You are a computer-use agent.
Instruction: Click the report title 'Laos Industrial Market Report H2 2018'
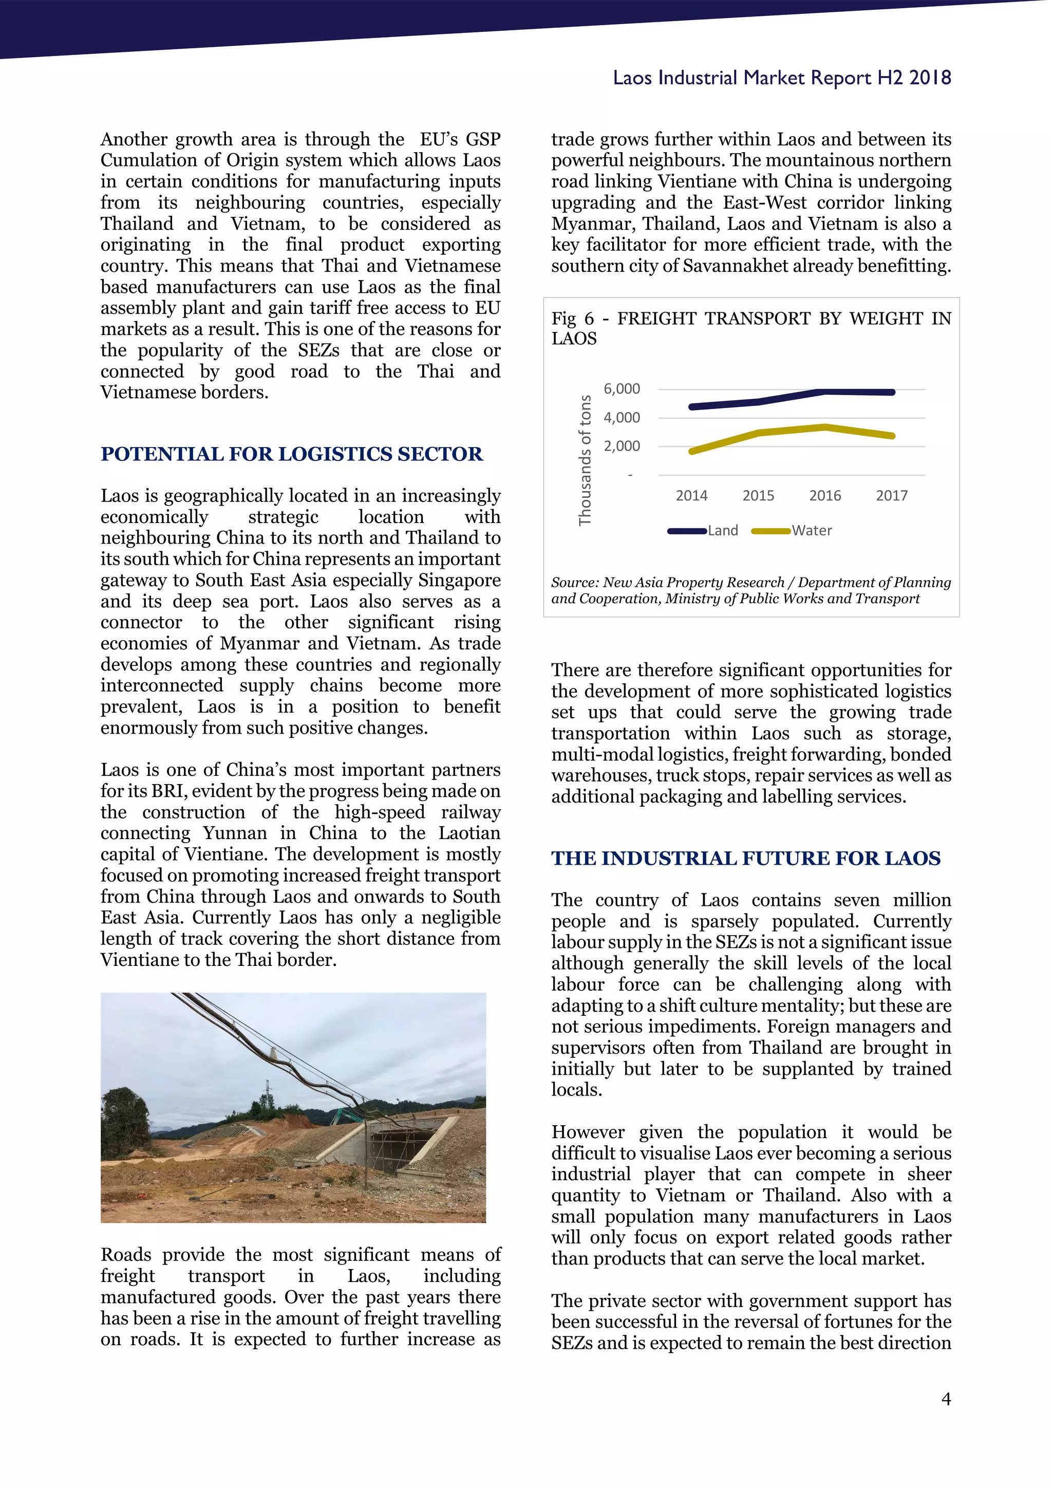pyautogui.click(x=781, y=78)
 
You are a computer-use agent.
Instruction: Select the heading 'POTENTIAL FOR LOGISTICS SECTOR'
pyautogui.click(x=291, y=454)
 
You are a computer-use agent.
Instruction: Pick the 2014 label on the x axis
pyautogui.click(x=691, y=496)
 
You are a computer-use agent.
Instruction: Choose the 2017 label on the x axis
pyautogui.click(x=891, y=496)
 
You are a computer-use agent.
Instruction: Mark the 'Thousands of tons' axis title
pyautogui.click(x=585, y=460)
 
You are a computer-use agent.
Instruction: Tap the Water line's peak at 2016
pyautogui.click(x=824, y=427)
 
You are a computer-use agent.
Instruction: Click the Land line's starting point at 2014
pyautogui.click(x=692, y=407)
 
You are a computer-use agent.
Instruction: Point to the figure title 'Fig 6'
pyautogui.click(x=572, y=319)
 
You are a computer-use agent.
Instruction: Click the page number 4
pyautogui.click(x=946, y=1399)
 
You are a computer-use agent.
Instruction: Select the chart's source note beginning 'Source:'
pyautogui.click(x=750, y=590)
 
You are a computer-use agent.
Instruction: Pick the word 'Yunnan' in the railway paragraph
pyautogui.click(x=235, y=833)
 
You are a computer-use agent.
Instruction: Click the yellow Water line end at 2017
pyautogui.click(x=892, y=436)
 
